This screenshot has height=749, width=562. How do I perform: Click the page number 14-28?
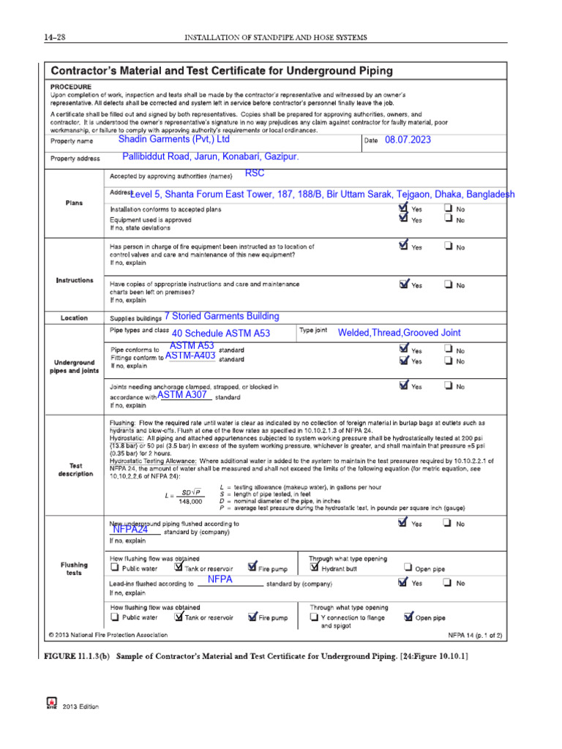pyautogui.click(x=55, y=37)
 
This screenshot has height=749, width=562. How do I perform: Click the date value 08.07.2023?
pyautogui.click(x=408, y=140)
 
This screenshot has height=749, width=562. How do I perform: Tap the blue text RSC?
pyautogui.click(x=255, y=173)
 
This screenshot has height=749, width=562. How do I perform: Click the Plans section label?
pyautogui.click(x=75, y=203)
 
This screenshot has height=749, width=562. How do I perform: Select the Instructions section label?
pyautogui.click(x=75, y=280)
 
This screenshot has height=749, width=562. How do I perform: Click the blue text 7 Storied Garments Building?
pyautogui.click(x=222, y=316)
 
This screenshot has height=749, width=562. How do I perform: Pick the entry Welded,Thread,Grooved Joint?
pyautogui.click(x=399, y=333)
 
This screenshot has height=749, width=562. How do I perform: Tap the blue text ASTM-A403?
pyautogui.click(x=190, y=355)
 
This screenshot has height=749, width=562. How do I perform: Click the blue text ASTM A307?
pyautogui.click(x=182, y=395)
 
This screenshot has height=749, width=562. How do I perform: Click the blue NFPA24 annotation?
pyautogui.click(x=130, y=529)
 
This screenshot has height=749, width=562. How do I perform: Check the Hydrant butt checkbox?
pyautogui.click(x=315, y=567)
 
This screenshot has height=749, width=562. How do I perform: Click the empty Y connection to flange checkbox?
pyautogui.click(x=314, y=617)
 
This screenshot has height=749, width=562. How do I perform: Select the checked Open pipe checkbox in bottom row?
pyautogui.click(x=408, y=617)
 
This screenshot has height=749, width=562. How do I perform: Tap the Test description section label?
pyautogui.click(x=75, y=469)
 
